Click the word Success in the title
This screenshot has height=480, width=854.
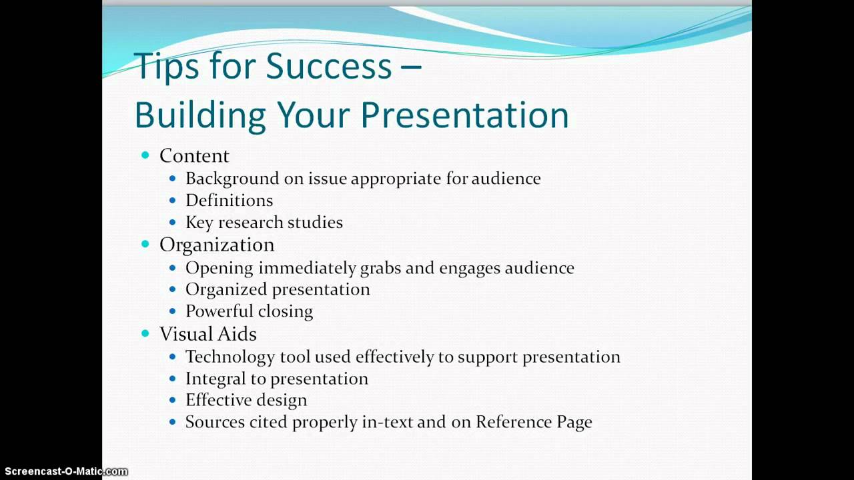(329, 66)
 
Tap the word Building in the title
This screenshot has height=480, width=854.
(200, 115)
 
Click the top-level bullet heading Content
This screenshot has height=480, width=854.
(194, 156)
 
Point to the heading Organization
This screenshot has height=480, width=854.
(217, 245)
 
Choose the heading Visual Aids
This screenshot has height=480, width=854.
(207, 334)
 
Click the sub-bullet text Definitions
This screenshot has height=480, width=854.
(229, 201)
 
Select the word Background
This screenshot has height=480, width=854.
(232, 179)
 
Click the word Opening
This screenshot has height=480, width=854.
(220, 268)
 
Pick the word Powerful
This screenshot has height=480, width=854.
(220, 311)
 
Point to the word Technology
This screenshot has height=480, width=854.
(230, 357)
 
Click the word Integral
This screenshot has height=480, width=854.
(216, 379)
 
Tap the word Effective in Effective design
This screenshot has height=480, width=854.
(218, 400)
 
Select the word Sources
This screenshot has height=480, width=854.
(215, 422)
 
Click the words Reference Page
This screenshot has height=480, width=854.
(534, 423)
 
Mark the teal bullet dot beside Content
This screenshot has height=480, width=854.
(145, 155)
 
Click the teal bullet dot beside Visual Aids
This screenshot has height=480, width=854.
(145, 333)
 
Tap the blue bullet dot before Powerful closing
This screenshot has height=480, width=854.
(173, 311)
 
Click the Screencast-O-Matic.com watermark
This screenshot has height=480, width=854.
(66, 471)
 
